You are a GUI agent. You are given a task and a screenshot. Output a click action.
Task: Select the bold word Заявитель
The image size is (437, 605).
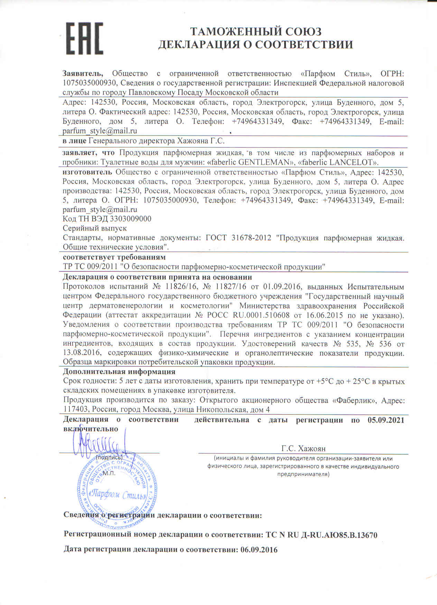[83, 74]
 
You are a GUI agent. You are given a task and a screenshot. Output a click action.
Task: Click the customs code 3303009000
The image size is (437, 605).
[130, 219]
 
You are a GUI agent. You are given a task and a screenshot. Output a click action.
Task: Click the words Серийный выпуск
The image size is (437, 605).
[95, 228]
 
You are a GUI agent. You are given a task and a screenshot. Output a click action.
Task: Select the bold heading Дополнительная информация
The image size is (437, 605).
[119, 372]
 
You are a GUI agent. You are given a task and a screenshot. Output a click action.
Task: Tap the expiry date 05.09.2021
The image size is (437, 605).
[383, 420]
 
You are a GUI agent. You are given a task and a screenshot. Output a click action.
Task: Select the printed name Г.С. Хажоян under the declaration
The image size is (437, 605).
[304, 449]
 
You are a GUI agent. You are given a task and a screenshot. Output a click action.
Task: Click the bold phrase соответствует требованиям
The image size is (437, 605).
[114, 257]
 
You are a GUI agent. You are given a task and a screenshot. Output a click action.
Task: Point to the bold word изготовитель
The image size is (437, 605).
[87, 172]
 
